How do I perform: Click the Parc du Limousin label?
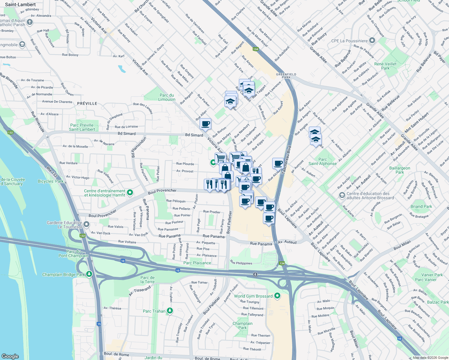(x=167, y=97)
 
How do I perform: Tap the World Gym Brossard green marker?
(x=277, y=296)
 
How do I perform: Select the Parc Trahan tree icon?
(x=170, y=310)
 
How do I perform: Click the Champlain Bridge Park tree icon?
(x=89, y=274)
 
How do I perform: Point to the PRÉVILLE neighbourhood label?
(x=87, y=103)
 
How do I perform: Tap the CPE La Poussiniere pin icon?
(x=372, y=40)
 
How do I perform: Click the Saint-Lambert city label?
(x=20, y=4)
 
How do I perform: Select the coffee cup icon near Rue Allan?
(x=205, y=124)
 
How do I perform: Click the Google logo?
(x=10, y=356)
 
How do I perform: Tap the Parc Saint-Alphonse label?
(x=323, y=162)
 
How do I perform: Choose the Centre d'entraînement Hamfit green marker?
(x=130, y=192)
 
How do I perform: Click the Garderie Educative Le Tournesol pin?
(x=86, y=224)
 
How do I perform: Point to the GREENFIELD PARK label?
(x=286, y=76)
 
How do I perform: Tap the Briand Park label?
(x=421, y=206)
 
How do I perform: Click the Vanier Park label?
(x=432, y=275)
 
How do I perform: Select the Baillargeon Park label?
(x=399, y=170)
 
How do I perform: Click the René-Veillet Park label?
(x=385, y=66)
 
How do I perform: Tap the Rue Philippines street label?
(x=241, y=263)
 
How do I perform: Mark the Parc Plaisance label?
(x=197, y=263)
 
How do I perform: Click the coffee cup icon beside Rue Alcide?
(x=278, y=163)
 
